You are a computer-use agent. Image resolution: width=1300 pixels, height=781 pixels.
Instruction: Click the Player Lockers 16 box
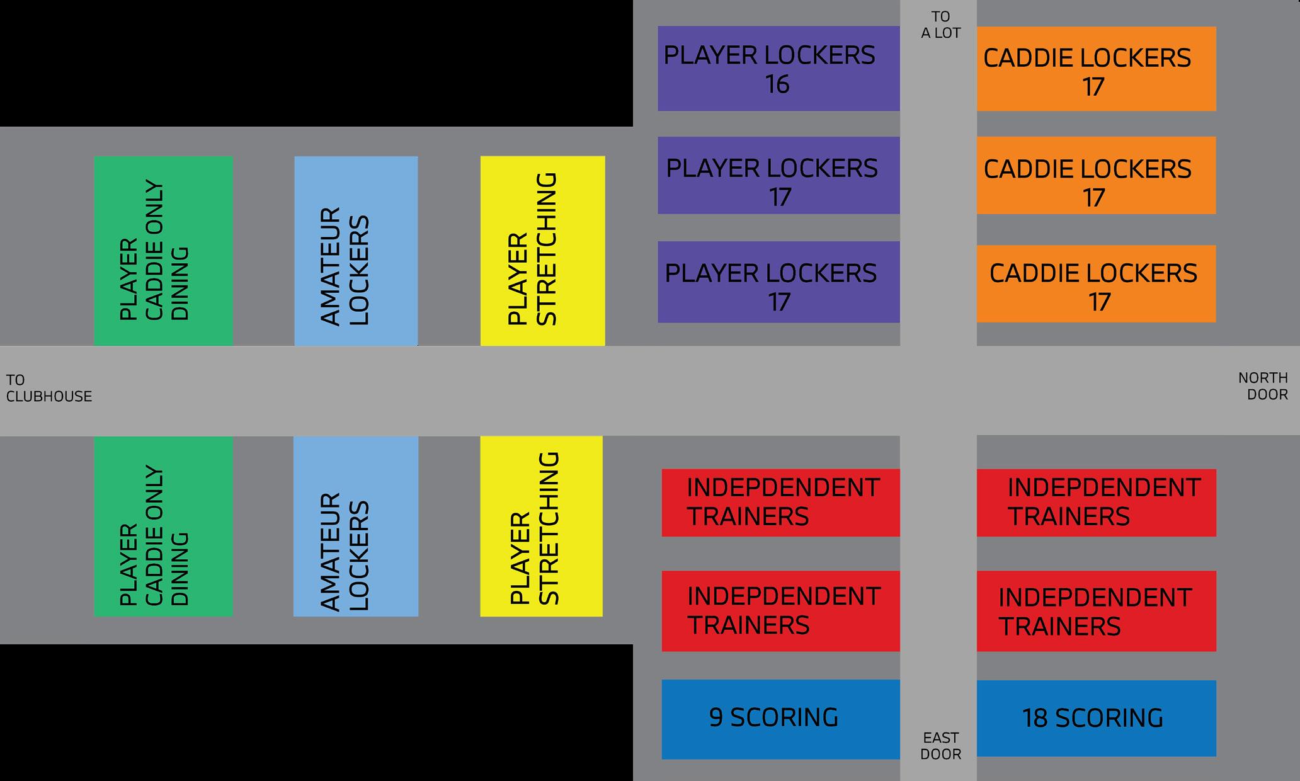(x=778, y=69)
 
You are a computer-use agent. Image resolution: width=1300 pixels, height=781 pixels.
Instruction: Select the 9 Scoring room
(x=780, y=719)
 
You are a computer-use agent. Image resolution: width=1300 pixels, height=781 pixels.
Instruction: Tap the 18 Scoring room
(x=1096, y=719)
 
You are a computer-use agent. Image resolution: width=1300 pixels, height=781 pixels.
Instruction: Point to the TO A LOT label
(x=940, y=25)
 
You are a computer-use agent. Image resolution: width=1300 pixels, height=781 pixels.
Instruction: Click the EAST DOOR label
(x=940, y=746)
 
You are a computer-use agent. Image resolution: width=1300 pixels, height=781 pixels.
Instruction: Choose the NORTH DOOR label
(x=1263, y=386)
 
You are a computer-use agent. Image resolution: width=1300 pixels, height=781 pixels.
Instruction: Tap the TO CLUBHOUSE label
(x=48, y=388)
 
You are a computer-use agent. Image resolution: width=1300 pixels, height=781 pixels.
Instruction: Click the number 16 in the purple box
(x=777, y=84)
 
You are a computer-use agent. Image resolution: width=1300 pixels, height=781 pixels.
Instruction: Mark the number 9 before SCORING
(x=716, y=718)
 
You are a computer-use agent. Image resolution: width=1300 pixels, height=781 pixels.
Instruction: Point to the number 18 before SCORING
(x=1035, y=719)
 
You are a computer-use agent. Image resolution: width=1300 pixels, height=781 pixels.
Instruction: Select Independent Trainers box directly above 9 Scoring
(x=780, y=611)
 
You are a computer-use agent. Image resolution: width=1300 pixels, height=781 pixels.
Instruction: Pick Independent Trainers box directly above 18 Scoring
(x=1096, y=611)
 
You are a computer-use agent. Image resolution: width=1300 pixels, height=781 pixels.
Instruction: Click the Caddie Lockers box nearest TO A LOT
(x=1096, y=69)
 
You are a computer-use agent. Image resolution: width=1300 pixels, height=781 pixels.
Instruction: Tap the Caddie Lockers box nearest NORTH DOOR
(x=1096, y=284)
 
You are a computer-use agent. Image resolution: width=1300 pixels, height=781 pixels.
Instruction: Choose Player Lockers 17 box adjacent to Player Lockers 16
(x=778, y=176)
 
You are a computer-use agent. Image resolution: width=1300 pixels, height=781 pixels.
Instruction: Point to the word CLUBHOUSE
(x=48, y=396)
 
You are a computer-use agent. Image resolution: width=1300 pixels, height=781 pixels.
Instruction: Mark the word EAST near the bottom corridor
(x=940, y=738)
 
